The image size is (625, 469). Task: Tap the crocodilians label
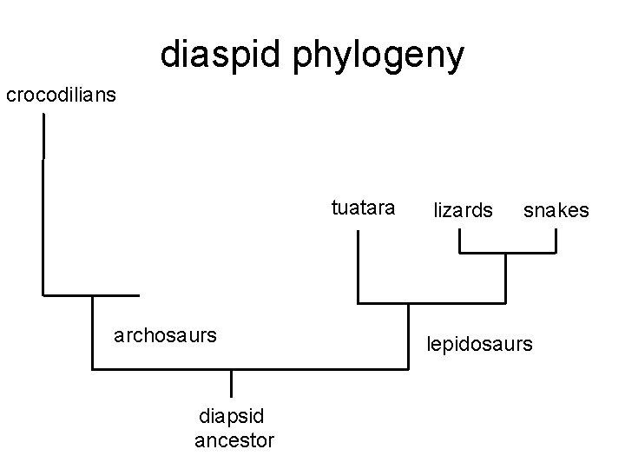click(60, 94)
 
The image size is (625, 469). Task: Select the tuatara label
click(364, 209)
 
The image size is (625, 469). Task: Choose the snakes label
click(556, 210)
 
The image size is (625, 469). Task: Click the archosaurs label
click(165, 334)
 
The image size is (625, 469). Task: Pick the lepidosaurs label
click(479, 344)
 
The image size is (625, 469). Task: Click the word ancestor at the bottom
click(234, 441)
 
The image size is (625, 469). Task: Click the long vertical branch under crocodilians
click(43, 208)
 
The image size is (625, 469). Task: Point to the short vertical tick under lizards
click(460, 241)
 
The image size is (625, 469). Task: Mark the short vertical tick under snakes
click(555, 241)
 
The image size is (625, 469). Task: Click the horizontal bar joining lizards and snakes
click(508, 253)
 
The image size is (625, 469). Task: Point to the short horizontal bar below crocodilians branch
click(90, 295)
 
